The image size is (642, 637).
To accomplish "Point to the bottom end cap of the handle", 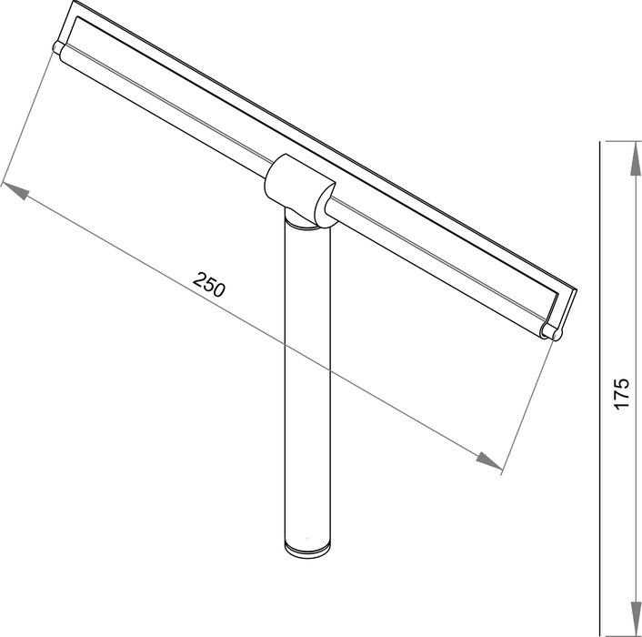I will [x=307, y=549].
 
